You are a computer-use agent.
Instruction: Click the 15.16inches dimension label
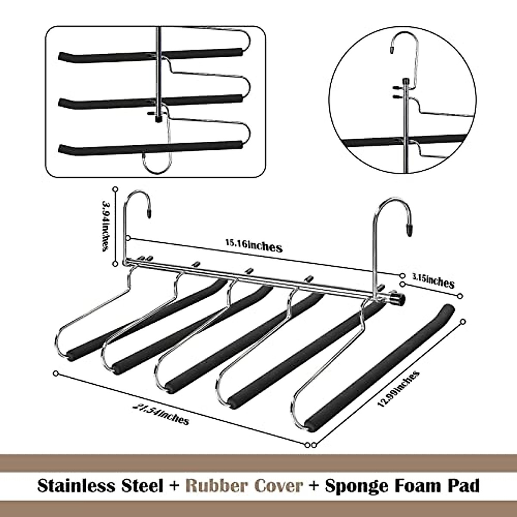click(253, 246)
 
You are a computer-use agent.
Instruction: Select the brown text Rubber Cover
click(244, 486)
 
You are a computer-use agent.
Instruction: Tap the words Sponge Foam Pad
click(402, 486)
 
